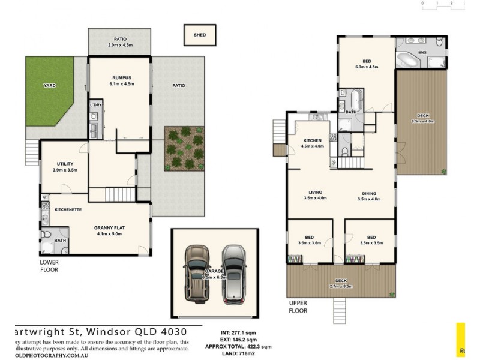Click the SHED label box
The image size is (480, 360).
[200, 35]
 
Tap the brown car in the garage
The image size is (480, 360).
[196, 273]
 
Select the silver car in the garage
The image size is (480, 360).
[234, 273]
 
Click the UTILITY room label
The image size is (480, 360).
[65, 163]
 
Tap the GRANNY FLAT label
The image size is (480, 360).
[109, 227]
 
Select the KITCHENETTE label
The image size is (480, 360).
[68, 209]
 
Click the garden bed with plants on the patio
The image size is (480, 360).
[184, 148]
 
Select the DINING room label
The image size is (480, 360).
[369, 193]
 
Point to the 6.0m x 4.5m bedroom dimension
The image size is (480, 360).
[366, 67]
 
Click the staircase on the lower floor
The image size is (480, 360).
[111, 194]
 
